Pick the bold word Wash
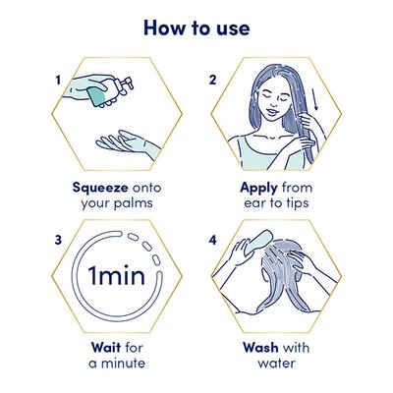click(256, 346)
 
